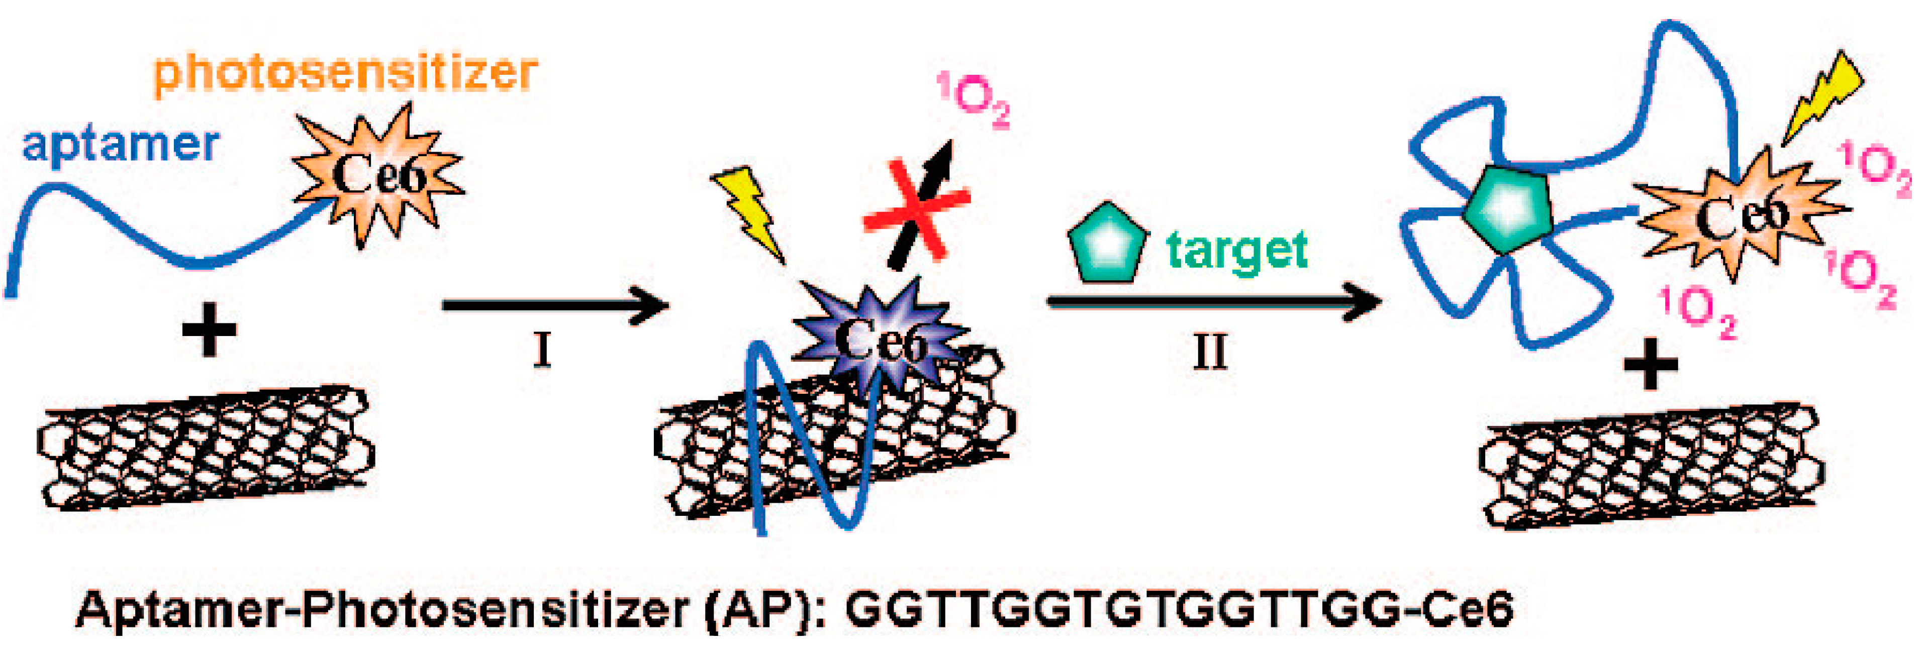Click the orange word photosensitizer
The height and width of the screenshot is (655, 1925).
point(345,74)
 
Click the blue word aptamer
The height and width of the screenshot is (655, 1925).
point(120,145)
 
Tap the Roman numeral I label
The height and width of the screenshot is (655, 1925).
point(542,350)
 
